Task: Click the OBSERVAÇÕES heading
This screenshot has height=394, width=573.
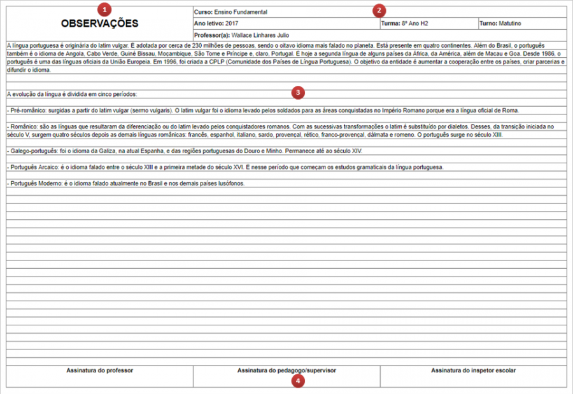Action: coord(99,24)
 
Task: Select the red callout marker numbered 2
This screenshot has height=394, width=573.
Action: coord(379,10)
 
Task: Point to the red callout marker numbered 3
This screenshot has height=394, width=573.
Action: coord(297,93)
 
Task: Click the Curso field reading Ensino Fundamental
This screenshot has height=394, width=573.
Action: coord(230,12)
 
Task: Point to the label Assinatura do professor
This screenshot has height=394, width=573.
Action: coord(99,370)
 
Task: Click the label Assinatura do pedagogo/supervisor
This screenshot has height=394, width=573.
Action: coord(286,370)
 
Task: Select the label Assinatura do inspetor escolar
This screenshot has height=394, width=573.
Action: coord(473,370)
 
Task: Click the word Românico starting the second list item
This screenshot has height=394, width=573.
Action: coord(25,127)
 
